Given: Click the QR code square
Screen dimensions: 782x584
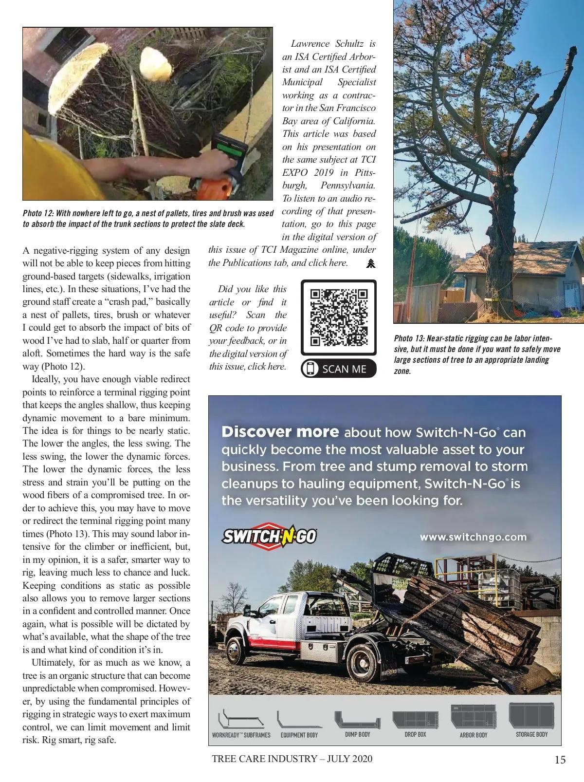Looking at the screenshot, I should click(339, 317).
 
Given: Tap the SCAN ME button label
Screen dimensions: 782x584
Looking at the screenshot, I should click(344, 369).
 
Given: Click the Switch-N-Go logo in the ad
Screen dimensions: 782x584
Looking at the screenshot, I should click(269, 536).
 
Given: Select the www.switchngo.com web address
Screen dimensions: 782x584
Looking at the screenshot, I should click(473, 537).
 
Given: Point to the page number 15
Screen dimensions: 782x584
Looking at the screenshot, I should click(560, 760).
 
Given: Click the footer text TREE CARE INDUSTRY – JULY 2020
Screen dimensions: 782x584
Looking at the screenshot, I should click(292, 759).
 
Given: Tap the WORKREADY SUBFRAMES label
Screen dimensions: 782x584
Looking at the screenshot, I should click(241, 735).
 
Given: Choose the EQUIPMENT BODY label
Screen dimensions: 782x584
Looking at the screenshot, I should click(299, 735).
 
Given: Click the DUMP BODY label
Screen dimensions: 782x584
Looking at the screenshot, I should click(357, 734).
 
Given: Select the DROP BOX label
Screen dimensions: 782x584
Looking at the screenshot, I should click(415, 734).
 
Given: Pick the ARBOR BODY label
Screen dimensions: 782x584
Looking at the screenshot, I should click(473, 735).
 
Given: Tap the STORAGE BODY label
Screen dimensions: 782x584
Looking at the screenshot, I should click(531, 734).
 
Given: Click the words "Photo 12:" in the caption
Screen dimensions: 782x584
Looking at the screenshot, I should click(38, 213).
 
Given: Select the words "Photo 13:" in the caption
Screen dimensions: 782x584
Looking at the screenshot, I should click(410, 338).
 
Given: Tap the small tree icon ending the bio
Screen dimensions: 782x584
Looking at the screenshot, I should click(371, 263).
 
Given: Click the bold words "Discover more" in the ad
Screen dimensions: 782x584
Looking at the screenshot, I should click(280, 432).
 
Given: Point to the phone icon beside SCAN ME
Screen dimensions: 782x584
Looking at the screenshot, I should click(310, 369).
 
